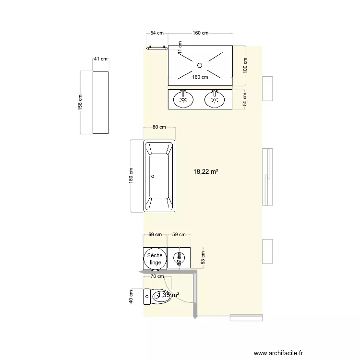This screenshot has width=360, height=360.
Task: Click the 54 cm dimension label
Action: point(157,33)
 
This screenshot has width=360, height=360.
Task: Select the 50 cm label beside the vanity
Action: point(245,99)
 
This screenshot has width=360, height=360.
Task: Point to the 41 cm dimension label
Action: point(100,59)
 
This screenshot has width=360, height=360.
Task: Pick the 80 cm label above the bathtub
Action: point(159,127)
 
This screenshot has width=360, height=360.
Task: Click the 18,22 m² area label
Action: point(206,171)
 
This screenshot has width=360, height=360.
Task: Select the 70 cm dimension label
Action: point(157,276)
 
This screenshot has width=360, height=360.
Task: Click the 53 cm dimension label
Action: point(203,258)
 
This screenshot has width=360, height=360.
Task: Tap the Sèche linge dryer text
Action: point(155,259)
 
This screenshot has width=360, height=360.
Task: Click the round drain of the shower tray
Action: point(200,64)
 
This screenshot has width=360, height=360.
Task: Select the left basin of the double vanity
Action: point(183,100)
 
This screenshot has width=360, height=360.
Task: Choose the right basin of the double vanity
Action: point(215,100)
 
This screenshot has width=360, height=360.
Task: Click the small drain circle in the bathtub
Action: point(153,176)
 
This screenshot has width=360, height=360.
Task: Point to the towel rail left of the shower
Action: point(157,47)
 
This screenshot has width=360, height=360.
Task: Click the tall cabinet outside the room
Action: point(100,103)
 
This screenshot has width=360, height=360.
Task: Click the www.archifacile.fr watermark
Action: point(279,353)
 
